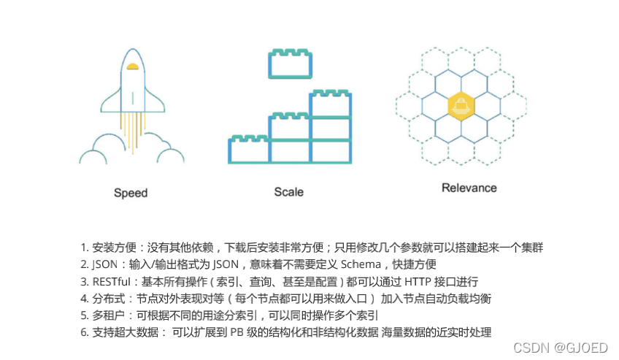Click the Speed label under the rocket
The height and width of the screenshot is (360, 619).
pos(131,193)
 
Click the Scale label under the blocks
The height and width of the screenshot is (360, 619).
pos(288,192)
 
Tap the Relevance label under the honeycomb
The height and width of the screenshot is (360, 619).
pos(469,188)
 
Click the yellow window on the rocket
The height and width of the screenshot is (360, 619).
pos(132,66)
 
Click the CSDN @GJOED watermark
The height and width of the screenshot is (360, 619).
pos(560,348)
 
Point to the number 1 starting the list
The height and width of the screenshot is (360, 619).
pos(85,248)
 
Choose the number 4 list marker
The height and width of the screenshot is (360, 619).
pos(85,298)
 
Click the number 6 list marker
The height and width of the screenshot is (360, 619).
pos(85,332)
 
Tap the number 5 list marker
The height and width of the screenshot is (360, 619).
pos(85,315)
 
